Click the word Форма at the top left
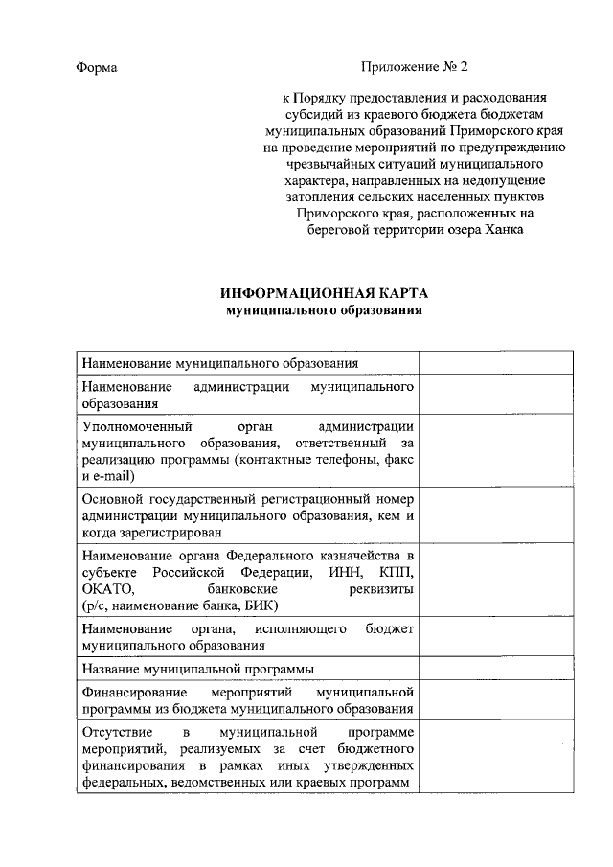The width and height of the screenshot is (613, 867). click(96, 68)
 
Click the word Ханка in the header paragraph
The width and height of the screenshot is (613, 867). click(504, 230)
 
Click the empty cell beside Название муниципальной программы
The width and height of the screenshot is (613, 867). click(496, 668)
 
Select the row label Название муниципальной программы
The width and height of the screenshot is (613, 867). click(199, 668)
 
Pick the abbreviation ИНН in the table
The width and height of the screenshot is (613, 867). click(341, 572)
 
